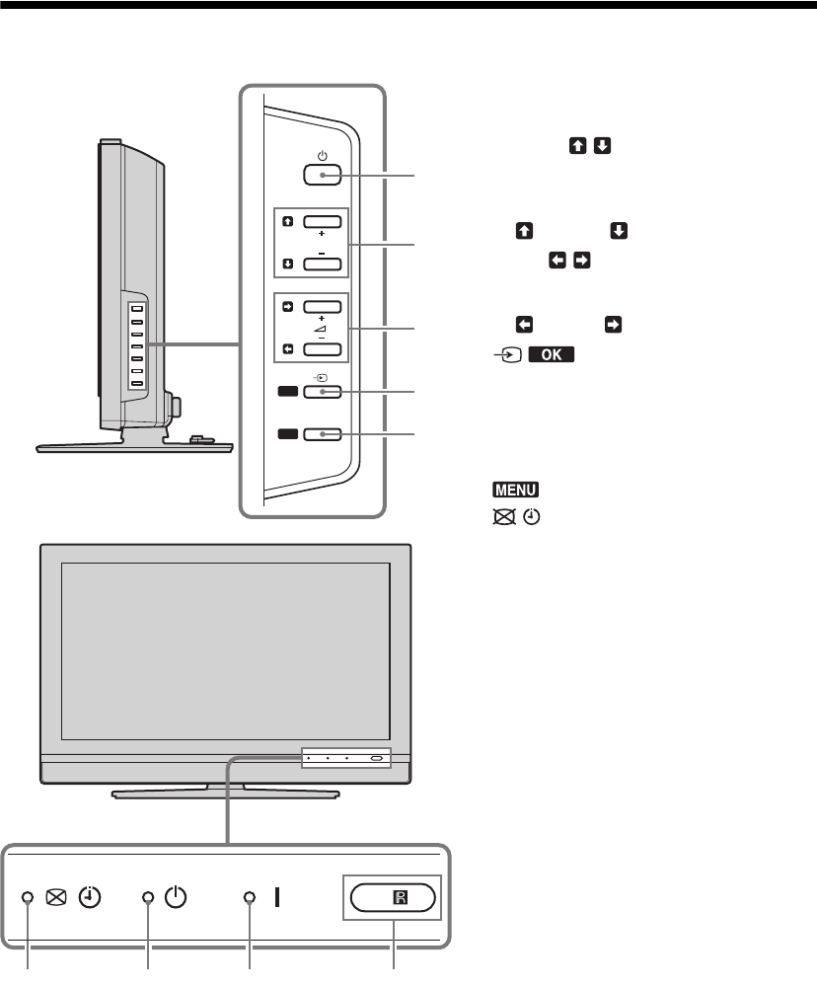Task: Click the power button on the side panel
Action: coord(322,176)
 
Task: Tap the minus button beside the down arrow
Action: coord(322,264)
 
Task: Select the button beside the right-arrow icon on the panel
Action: coord(322,307)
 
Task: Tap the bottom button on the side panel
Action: coord(322,433)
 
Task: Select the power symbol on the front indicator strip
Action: coord(175,898)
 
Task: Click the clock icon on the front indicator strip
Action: coord(90,898)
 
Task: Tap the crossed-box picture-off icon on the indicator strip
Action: coord(55,898)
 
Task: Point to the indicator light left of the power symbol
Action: coord(148,898)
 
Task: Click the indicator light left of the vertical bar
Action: coord(250,898)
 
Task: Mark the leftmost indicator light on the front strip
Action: coord(28,898)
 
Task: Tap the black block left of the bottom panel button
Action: coord(288,433)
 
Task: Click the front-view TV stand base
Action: coord(226,791)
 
